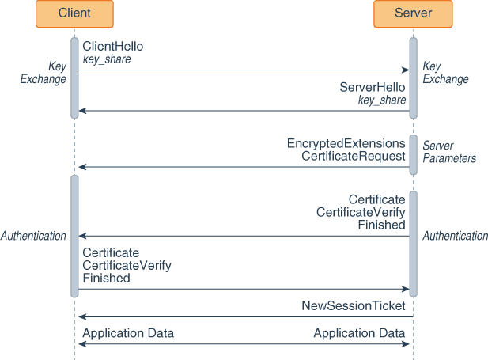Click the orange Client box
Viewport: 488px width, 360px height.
[74, 13]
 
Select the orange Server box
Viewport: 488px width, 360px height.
[413, 13]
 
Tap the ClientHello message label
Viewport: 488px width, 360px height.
[113, 47]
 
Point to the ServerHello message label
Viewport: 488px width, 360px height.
[373, 88]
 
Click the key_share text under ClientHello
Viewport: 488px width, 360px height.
[107, 59]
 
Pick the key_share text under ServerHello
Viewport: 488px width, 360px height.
[382, 100]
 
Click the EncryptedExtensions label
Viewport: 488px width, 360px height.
[346, 144]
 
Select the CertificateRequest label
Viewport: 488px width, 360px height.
[354, 157]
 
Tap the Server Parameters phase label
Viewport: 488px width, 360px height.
[448, 152]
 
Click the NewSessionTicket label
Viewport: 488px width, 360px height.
[354, 305]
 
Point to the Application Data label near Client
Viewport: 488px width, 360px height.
[128, 333]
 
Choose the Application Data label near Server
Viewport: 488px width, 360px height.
[359, 333]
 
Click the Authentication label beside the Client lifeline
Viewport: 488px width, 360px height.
[33, 236]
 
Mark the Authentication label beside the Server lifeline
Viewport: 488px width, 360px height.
[455, 236]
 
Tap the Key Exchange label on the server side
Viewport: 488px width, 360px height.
[445, 73]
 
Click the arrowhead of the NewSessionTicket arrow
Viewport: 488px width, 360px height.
[81, 317]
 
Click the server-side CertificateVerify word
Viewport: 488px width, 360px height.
[361, 212]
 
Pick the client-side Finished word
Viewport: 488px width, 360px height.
[107, 279]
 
